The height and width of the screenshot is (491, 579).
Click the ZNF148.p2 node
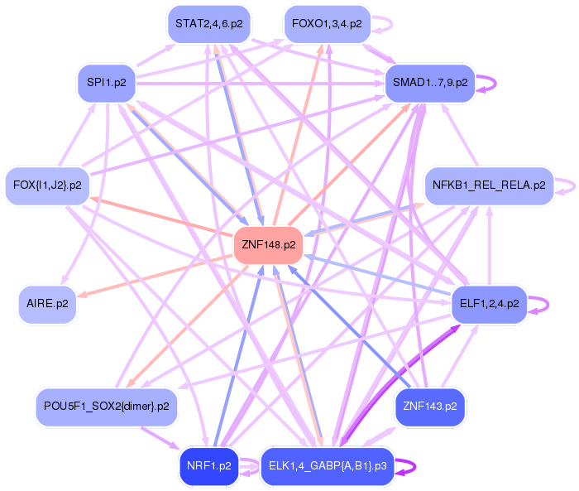coord(269,245)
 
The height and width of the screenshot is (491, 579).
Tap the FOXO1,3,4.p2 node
coord(327,24)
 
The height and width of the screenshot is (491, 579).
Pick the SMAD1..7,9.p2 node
coord(430,83)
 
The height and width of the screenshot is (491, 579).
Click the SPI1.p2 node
coord(106,83)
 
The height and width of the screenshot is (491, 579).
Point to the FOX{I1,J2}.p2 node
coord(47,185)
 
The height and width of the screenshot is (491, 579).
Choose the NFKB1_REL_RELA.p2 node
coord(489,185)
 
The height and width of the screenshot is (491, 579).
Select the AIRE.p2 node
coord(47,304)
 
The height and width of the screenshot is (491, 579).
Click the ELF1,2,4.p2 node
coord(489,304)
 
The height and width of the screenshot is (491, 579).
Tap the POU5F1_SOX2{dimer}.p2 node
coord(106,407)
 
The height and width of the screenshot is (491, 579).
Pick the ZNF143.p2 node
coord(430,407)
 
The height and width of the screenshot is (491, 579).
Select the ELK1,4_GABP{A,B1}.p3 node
coord(328,465)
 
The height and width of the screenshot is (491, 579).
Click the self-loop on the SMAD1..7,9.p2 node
coord(490,84)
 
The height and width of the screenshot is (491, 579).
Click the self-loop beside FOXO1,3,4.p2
coord(384,24)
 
